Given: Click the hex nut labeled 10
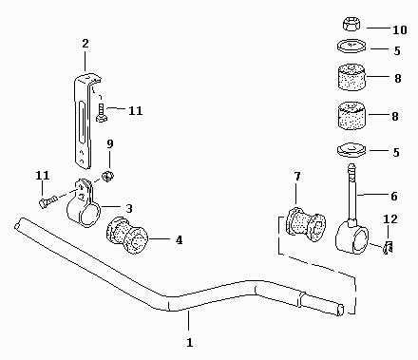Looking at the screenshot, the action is point(351,25).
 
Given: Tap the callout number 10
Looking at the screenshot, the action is point(399,29).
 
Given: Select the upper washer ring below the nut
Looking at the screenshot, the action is point(351,46).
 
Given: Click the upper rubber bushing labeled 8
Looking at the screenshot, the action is point(351,77).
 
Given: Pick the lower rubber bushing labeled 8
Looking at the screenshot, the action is point(351,115).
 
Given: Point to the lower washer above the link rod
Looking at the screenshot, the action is point(351,150).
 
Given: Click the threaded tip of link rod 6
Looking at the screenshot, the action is point(351,167).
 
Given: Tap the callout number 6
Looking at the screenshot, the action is point(393,197).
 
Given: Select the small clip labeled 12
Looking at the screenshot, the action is point(388,247).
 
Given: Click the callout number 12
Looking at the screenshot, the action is point(389,219).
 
